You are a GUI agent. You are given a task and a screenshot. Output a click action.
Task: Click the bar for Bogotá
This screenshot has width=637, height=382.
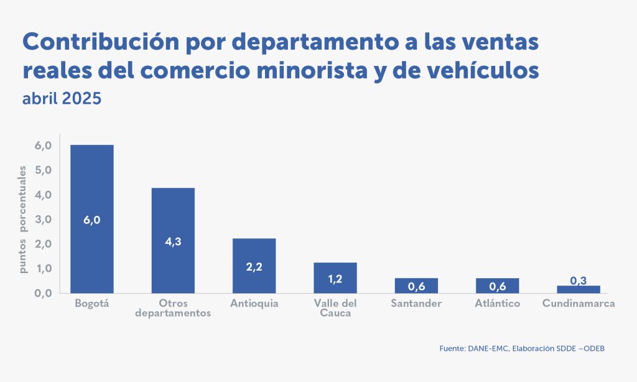(x=91, y=187)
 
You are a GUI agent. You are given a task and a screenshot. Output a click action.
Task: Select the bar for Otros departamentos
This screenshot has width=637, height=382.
(x=173, y=212)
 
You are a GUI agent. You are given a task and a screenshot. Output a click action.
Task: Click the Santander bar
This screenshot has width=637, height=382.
(x=416, y=286)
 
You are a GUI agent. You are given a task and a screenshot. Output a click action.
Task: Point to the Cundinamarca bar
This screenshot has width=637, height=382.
(x=579, y=289)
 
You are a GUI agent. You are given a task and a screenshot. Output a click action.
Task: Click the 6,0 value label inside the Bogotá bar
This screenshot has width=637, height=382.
(x=91, y=220)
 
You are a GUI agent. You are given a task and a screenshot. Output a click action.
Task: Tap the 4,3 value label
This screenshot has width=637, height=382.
(x=173, y=241)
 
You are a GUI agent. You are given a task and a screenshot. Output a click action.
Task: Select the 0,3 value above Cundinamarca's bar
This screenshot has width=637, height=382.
(x=579, y=281)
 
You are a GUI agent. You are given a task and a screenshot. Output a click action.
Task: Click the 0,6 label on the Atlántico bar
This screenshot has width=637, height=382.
(x=497, y=287)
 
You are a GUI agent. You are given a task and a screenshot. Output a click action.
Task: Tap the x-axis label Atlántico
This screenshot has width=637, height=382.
(x=497, y=304)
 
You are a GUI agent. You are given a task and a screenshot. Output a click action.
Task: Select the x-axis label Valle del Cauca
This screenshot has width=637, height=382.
(x=335, y=308)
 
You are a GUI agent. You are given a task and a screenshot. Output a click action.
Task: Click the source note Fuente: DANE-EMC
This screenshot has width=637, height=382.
(x=473, y=349)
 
